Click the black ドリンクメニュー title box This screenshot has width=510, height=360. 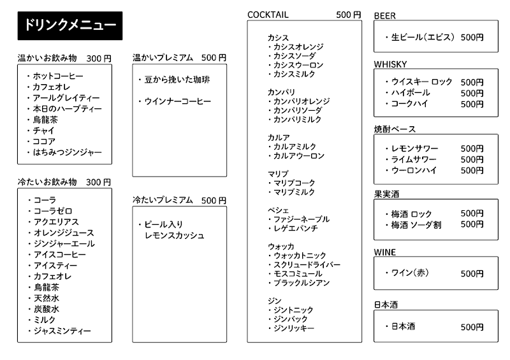pyautogui.click(x=69, y=25)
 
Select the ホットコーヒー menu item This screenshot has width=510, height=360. pyautogui.click(x=58, y=76)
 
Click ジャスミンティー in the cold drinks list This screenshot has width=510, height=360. pyautogui.click(x=62, y=331)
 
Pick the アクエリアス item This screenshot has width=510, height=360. pyautogui.click(x=56, y=222)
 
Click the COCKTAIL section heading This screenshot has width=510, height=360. pyautogui.click(x=268, y=15)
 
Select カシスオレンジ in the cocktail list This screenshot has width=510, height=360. pyautogui.click(x=298, y=47)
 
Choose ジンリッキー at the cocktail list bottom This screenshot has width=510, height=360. pyautogui.click(x=293, y=328)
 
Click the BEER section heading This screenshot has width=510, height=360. pyautogui.click(x=384, y=15)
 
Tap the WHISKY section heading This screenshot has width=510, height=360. pyautogui.click(x=390, y=64)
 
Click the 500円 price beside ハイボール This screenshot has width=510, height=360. pyautogui.click(x=472, y=93)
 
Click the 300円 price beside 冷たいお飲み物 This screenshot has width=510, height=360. pyautogui.click(x=99, y=182)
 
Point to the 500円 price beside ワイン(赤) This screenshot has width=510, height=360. pyautogui.click(x=472, y=274)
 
